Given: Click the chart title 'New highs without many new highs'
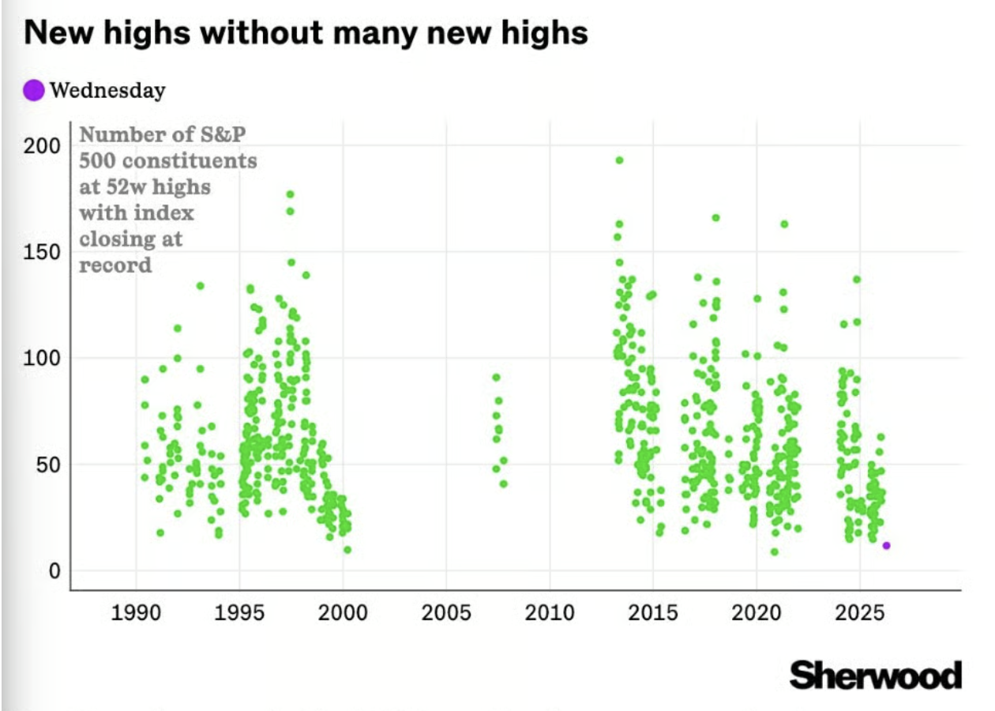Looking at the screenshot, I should (306, 32).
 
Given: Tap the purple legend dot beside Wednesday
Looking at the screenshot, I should (33, 90).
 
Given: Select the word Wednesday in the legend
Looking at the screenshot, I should (107, 91).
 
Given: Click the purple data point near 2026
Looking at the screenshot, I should (886, 545).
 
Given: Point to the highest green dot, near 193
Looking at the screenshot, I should (619, 160).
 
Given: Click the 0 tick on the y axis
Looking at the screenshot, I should (54, 570).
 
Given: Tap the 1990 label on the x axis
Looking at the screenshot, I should (136, 613).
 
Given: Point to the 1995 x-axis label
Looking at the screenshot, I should (239, 613).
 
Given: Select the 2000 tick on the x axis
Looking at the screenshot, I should (343, 613).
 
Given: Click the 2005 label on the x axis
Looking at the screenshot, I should (446, 613).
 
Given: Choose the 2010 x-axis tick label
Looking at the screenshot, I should (550, 613).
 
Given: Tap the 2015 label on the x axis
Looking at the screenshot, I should (653, 613).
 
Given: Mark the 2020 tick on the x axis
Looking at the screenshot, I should (757, 613).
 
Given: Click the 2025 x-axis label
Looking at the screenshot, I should (860, 613).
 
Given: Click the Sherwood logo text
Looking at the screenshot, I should (876, 675).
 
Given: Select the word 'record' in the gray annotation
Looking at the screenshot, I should (115, 265).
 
